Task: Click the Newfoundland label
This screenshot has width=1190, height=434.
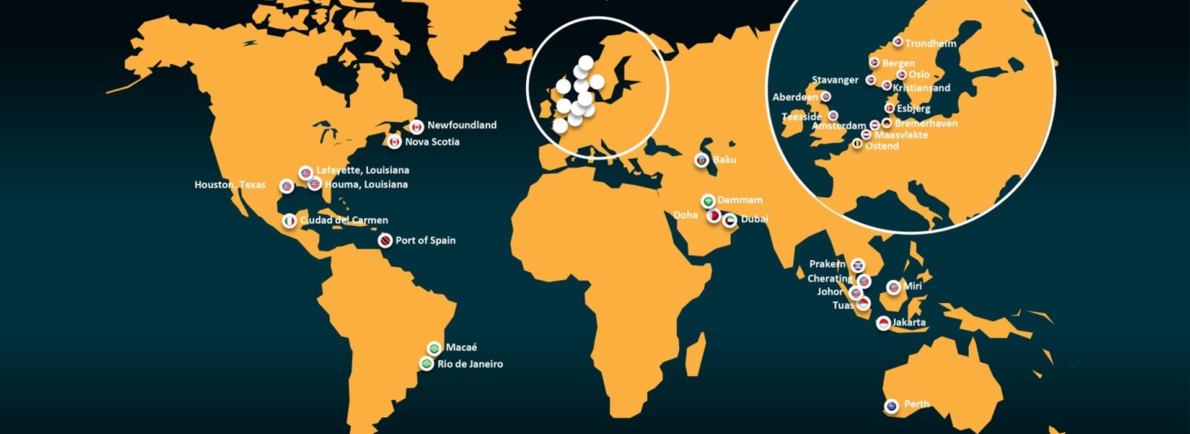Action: tap(462, 125)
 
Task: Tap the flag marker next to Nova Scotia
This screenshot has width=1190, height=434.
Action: tap(394, 142)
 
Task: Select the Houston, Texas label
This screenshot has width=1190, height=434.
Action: tap(230, 185)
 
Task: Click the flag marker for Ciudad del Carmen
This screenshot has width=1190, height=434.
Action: tap(289, 221)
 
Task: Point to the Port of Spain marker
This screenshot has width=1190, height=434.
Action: tap(386, 241)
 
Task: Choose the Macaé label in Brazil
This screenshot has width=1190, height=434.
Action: tap(461, 348)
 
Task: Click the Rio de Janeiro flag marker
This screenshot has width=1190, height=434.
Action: tap(426, 364)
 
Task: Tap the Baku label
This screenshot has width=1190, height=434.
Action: tap(725, 160)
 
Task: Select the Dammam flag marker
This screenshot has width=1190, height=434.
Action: tap(708, 201)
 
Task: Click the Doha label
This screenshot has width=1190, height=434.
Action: tap(685, 215)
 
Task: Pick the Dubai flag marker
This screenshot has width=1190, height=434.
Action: tap(730, 220)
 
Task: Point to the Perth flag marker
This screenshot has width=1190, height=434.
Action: tap(891, 406)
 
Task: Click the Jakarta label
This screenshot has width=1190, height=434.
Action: tap(909, 322)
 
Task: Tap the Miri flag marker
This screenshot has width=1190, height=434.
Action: tap(893, 287)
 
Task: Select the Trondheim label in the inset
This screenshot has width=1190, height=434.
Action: tap(930, 43)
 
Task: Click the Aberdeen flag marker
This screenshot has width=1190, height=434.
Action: tap(826, 97)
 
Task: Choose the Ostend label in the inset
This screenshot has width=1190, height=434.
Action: tap(882, 146)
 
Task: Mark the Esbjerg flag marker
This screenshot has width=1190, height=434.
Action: tap(889, 108)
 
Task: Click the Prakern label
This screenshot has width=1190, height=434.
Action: tap(827, 264)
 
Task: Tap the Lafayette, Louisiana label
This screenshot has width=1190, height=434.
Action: tap(363, 170)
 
